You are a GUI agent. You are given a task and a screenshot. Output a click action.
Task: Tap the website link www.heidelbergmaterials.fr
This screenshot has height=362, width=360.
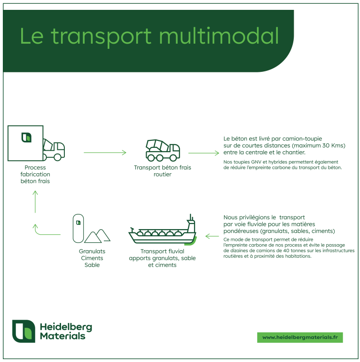(300, 337)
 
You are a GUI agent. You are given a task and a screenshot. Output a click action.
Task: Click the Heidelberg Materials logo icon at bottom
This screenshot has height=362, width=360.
(23, 331)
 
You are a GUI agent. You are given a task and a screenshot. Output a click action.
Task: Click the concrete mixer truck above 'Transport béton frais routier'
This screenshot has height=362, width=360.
(163, 149)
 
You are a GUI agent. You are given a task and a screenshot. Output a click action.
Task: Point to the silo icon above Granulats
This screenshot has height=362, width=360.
(78, 228)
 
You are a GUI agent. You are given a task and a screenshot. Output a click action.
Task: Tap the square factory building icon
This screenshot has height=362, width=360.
(26, 143)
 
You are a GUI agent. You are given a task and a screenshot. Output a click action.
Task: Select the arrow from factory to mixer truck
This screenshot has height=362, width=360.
(105, 152)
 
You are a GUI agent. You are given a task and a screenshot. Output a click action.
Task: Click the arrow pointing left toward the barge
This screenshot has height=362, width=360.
(212, 236)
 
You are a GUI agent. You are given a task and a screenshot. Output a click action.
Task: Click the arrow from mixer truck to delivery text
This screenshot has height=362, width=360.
(203, 152)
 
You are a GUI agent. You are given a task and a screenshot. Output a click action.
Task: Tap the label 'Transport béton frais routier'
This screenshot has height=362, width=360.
(163, 171)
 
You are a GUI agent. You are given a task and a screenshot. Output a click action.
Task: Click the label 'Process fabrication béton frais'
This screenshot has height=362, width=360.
(35, 174)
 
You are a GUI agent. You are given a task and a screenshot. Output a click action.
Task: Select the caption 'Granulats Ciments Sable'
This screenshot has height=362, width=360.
(92, 258)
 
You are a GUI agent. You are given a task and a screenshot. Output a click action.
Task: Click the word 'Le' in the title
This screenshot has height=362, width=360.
(31, 36)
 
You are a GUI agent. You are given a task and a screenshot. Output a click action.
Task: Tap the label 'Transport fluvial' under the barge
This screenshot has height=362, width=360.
(162, 252)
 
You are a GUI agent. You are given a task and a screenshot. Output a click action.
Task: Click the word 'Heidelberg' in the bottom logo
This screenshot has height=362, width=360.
(66, 327)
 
